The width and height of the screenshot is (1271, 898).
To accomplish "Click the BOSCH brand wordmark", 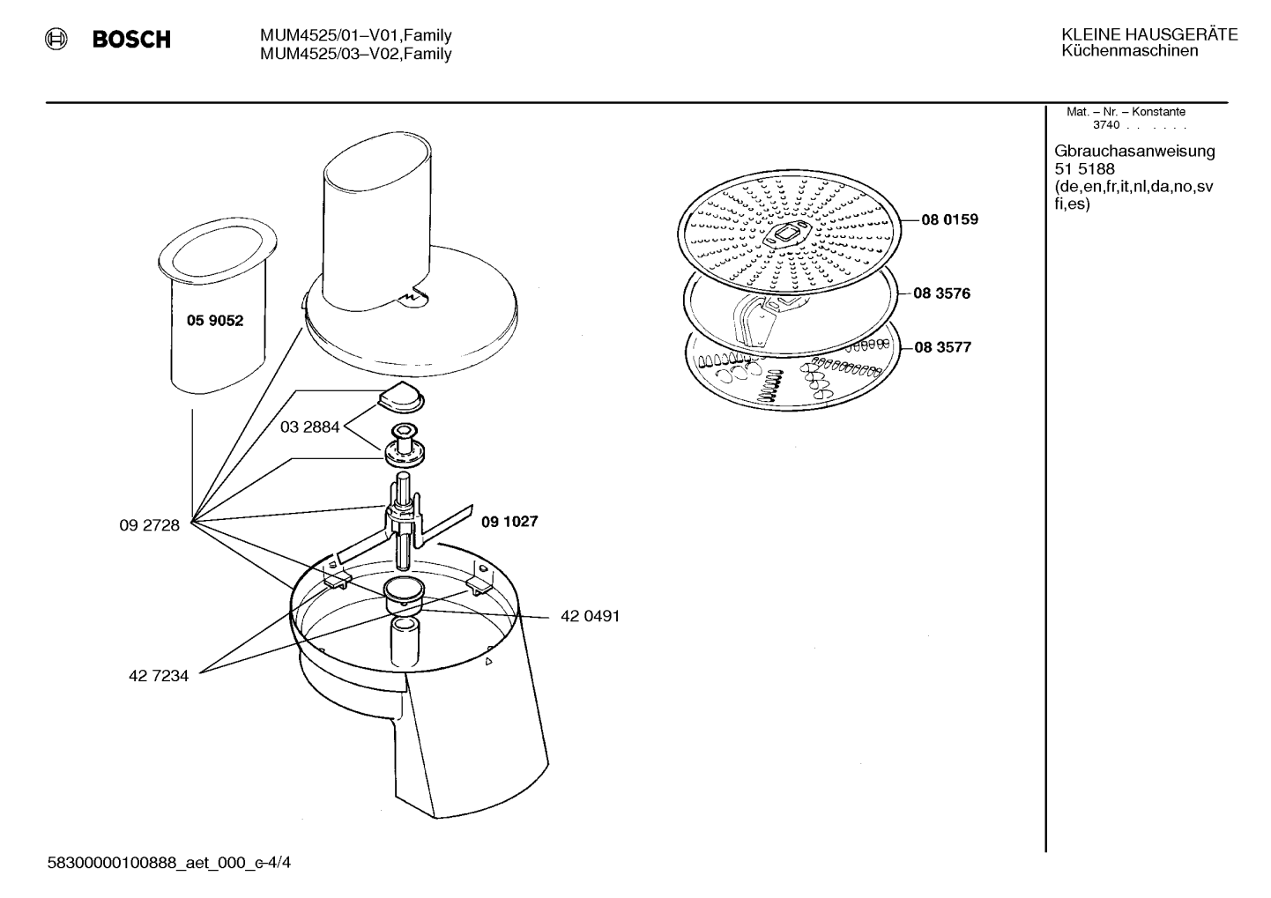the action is click(131, 39).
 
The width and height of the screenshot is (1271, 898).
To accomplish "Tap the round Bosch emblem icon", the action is click(56, 39).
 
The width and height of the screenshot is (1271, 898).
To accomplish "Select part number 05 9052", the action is click(215, 321).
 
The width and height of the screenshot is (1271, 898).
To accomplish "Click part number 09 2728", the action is click(149, 525).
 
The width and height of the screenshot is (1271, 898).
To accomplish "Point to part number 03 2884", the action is click(309, 427).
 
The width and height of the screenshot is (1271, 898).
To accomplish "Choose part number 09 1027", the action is click(509, 522).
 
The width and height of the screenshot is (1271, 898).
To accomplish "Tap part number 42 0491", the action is click(591, 616).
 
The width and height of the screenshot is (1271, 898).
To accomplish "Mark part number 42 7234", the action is click(159, 676).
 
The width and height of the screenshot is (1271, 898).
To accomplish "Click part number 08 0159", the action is click(950, 219).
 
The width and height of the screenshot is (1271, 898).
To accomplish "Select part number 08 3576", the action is click(942, 293).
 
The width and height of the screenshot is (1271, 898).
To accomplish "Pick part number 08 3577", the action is click(943, 346).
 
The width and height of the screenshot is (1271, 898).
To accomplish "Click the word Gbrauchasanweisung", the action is click(1135, 152).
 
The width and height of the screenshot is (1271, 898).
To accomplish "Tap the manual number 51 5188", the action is click(1085, 169).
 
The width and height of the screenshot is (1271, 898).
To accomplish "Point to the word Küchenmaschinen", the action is click(1130, 51).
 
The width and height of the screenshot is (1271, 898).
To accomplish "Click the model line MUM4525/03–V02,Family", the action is click(356, 55).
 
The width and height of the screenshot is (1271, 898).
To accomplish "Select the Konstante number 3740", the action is click(1106, 125).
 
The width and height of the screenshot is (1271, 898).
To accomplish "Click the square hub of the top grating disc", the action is click(788, 234).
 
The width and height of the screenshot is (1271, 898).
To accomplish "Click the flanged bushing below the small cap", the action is click(404, 446).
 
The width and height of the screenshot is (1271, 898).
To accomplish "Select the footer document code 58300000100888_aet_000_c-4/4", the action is click(169, 863).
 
